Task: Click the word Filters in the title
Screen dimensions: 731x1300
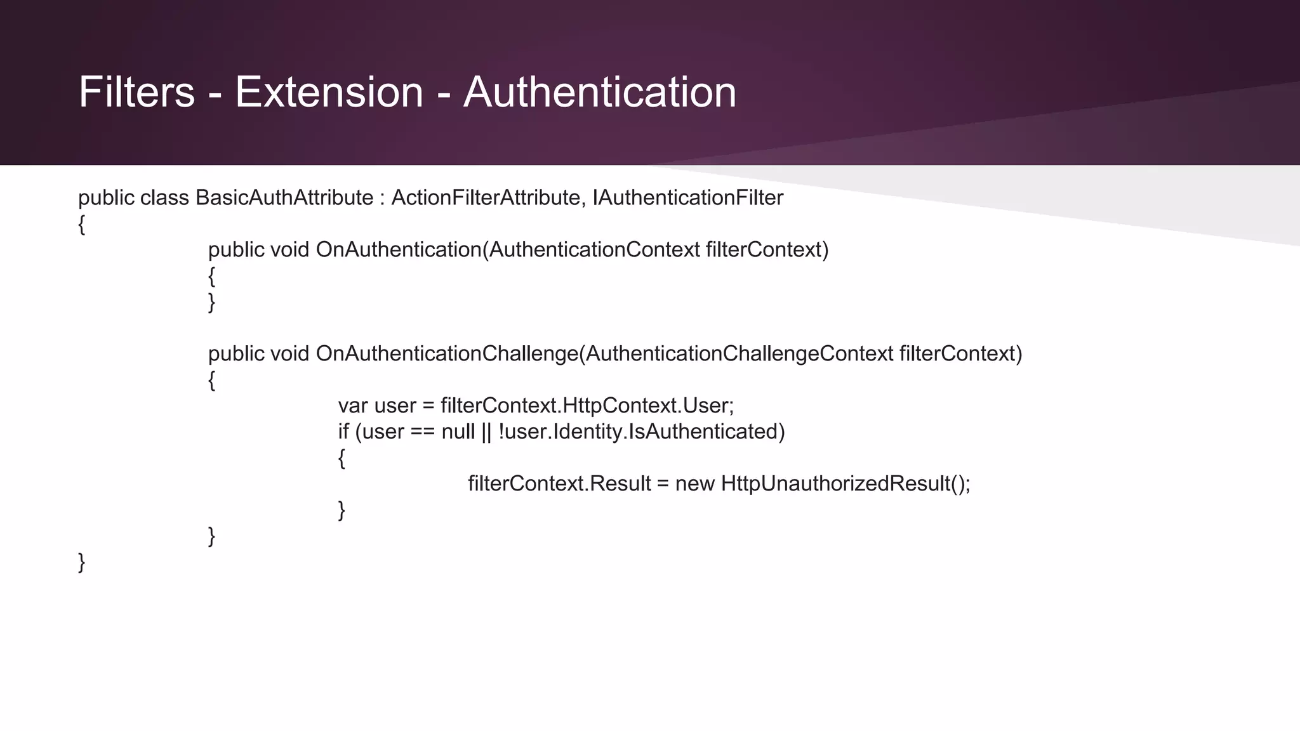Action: [x=136, y=93]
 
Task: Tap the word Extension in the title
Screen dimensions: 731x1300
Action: [x=329, y=93]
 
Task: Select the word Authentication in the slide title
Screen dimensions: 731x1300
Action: [x=600, y=93]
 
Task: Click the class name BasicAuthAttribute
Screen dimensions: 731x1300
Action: [x=284, y=198]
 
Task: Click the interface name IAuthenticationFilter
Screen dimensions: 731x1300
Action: [x=688, y=198]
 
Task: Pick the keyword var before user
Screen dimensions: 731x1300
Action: [x=353, y=405]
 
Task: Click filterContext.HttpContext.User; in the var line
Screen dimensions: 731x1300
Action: [x=587, y=405]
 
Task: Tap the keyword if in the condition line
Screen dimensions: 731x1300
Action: [x=343, y=432]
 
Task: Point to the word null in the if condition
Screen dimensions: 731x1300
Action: [x=458, y=432]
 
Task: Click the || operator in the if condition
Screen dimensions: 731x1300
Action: [x=486, y=432]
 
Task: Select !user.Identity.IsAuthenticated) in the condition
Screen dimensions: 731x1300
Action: [x=642, y=432]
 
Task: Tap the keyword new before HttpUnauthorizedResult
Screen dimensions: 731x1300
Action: [x=695, y=484]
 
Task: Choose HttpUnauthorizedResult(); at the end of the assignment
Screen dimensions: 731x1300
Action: [x=846, y=484]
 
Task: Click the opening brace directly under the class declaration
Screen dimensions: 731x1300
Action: [x=81, y=225]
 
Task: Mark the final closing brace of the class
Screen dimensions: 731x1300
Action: [x=81, y=562]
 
